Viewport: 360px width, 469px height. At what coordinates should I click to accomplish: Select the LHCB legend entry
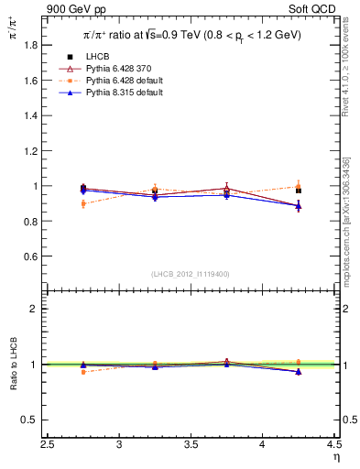tap(99, 58)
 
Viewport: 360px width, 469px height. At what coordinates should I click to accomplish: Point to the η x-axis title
tap(335, 457)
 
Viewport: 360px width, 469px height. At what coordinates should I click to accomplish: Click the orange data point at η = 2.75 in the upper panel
tap(83, 203)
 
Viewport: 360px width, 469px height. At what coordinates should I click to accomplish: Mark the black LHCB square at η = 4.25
tap(299, 191)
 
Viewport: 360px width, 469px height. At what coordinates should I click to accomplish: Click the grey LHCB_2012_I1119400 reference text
tap(191, 274)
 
